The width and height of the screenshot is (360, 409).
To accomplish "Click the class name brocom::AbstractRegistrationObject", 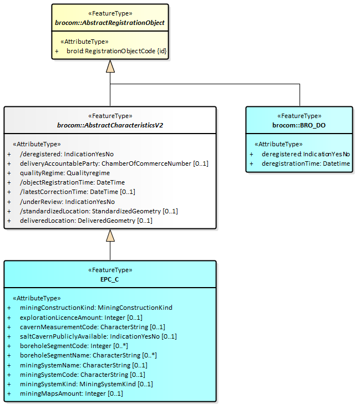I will [x=110, y=23].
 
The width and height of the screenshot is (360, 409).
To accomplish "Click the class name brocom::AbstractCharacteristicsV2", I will [x=110, y=125].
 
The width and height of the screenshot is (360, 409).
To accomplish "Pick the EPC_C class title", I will [x=110, y=279].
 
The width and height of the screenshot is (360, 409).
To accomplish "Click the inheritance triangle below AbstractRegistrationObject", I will [x=110, y=67].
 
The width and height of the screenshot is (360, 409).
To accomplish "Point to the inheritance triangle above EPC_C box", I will [x=110, y=236].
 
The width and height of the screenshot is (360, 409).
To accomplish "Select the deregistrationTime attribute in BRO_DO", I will [x=306, y=163].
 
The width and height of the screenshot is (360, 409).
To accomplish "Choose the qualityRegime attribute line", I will [x=64, y=173].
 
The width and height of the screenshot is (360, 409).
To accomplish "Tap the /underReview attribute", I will [x=67, y=201].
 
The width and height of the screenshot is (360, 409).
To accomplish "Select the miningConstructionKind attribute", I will [x=96, y=308].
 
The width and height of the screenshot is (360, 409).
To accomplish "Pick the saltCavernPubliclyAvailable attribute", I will [x=98, y=336].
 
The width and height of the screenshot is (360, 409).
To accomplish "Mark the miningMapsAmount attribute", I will [x=71, y=393].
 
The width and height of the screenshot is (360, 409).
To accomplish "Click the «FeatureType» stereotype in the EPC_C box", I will [x=110, y=270].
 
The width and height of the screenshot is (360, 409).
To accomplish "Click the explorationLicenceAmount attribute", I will [x=81, y=317].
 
